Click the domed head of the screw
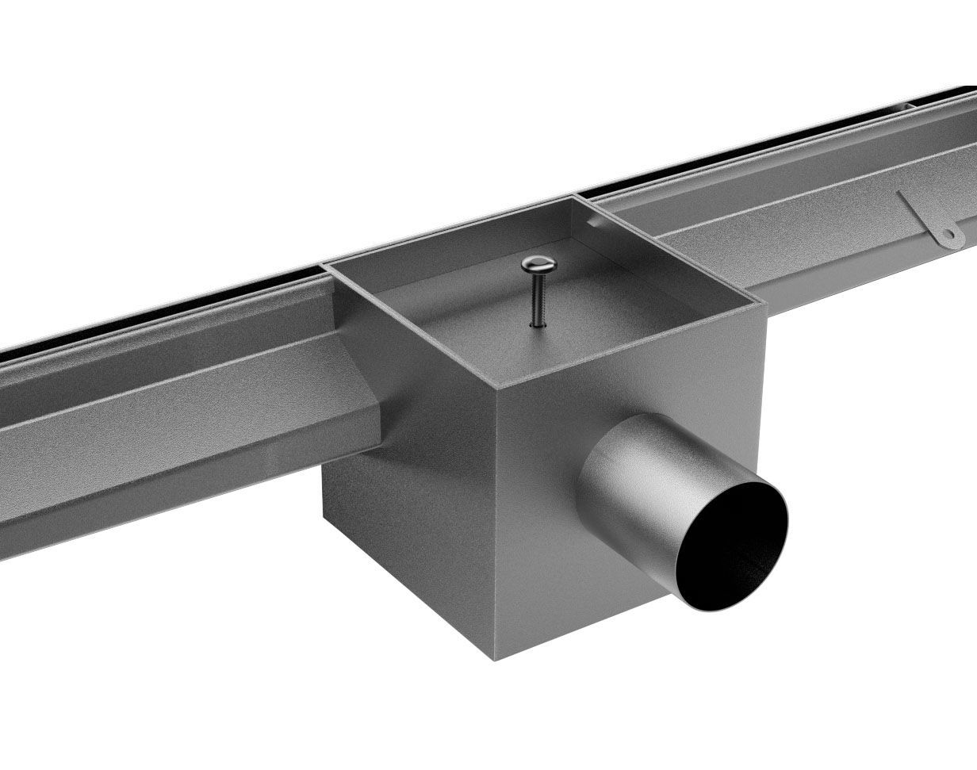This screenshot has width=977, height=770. click(x=538, y=264)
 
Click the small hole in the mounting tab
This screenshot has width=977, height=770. click(x=946, y=234)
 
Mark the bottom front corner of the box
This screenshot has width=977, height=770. click(x=495, y=659)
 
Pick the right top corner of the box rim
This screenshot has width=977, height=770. click(x=764, y=301)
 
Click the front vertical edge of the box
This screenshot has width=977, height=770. click(x=495, y=523)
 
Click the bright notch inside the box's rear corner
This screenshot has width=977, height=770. click(x=590, y=224)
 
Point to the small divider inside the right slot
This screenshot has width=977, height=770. click(x=905, y=104)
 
